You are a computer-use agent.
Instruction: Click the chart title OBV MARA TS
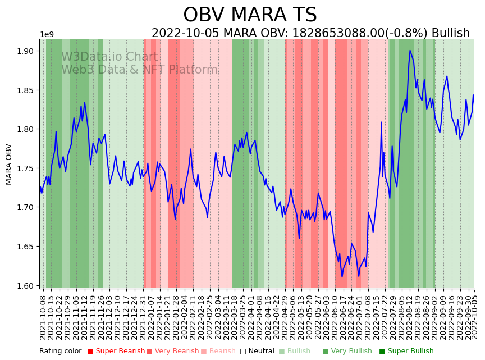point(250,15)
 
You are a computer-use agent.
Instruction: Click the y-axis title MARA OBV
point(9,164)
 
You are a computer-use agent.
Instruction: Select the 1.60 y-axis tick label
point(25,285)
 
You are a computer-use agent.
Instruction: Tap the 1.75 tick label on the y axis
point(25,168)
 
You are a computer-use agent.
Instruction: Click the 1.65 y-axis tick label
point(25,247)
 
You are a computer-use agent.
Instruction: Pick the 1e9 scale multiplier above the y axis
point(47,35)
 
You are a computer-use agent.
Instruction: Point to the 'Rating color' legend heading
point(60,351)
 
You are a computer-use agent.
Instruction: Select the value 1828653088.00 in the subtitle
point(335,33)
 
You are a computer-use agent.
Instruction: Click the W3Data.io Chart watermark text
point(109,57)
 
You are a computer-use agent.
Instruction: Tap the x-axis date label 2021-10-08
point(43,317)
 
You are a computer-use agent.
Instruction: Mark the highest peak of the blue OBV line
point(410,51)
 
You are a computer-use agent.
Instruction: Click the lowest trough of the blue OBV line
point(342,276)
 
